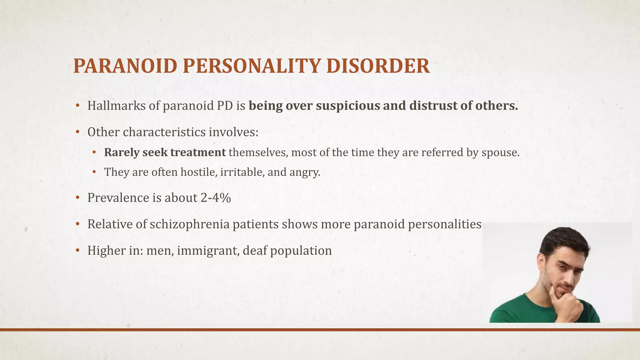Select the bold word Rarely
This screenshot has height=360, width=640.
coord(122,152)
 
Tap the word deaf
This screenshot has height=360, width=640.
coord(255,251)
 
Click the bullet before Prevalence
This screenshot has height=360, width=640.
coord(77,198)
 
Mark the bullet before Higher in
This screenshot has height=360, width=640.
coord(77,251)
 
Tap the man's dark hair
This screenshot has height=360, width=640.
coord(562,239)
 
